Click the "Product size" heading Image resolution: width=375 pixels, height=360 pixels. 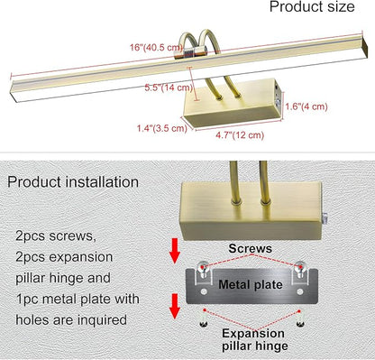tap(312, 6)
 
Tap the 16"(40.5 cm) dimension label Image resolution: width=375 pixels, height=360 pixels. tap(156, 48)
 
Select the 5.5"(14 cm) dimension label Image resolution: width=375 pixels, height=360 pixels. tap(169, 88)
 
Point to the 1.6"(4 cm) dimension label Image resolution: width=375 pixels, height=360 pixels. tap(306, 106)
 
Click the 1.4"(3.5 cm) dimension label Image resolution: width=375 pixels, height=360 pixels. tap(162, 128)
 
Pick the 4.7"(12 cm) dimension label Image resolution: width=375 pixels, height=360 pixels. tap(240, 135)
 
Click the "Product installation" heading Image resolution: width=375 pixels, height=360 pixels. tap(73, 182)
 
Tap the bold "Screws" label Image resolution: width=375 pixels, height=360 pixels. tap(250, 248)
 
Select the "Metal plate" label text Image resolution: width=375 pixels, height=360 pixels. tap(251, 284)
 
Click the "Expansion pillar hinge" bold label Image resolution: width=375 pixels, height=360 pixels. tap(254, 339)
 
